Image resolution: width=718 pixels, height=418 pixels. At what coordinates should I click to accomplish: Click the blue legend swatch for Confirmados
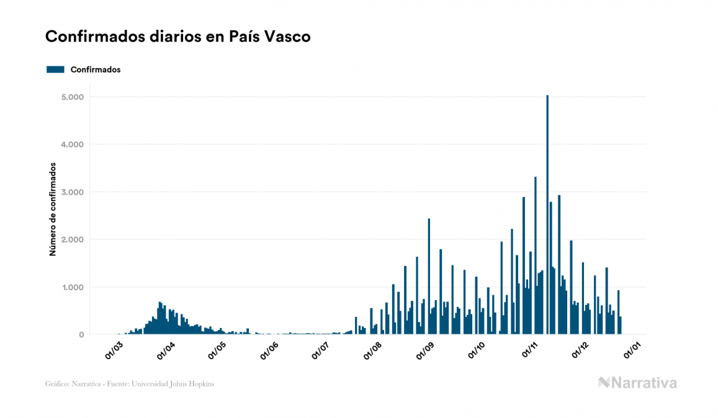click(x=55, y=69)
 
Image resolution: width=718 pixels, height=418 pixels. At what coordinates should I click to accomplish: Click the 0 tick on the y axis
click(x=81, y=335)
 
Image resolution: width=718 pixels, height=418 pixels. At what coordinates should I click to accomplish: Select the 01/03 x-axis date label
click(x=114, y=349)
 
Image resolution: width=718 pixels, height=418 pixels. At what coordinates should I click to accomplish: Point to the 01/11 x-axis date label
click(x=531, y=349)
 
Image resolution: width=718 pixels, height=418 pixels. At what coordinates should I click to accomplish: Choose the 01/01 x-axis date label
click(x=634, y=349)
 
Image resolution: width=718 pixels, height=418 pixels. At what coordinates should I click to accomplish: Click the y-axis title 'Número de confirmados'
click(x=53, y=209)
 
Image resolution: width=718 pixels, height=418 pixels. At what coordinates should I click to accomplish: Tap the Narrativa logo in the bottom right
click(x=637, y=383)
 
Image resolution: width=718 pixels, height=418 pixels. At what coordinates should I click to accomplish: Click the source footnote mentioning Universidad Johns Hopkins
click(x=130, y=384)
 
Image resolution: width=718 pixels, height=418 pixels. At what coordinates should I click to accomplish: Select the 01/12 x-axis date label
click(x=581, y=349)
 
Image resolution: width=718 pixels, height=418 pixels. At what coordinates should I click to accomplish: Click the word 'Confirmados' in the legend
click(x=96, y=69)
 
